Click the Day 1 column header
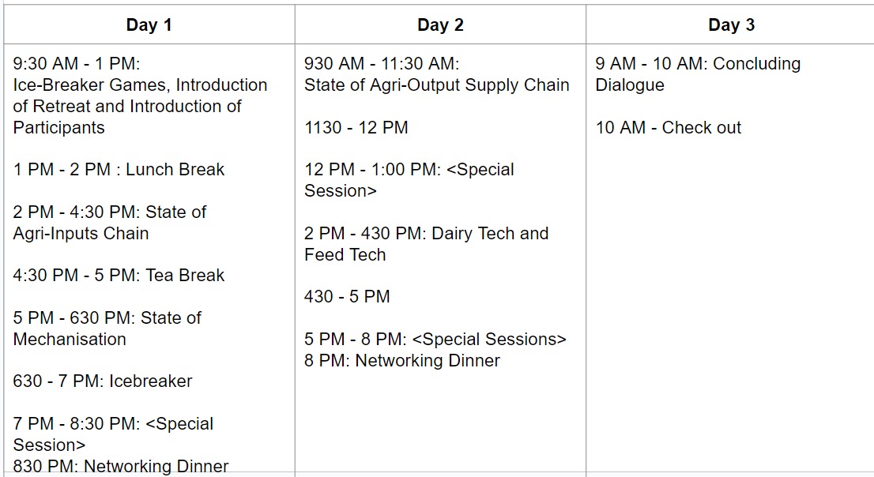[149, 25]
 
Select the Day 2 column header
[440, 25]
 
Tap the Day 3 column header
[731, 25]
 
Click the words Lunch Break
[175, 170]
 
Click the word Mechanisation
[70, 340]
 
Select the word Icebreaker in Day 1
[150, 381]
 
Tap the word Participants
[59, 128]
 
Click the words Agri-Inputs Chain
[81, 234]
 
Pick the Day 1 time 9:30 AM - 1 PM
[77, 63]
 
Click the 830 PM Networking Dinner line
[121, 466]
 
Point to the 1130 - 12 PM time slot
[356, 128]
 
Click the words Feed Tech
[345, 254]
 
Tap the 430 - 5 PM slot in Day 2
[347, 296]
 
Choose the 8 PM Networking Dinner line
[402, 361]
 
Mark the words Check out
[701, 128]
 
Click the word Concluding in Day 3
[757, 63]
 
